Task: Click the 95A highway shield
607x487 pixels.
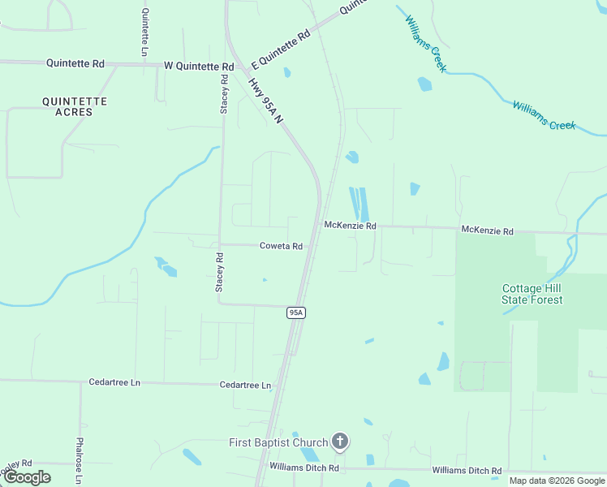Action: click(x=296, y=312)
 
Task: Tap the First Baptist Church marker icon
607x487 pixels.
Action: click(x=340, y=442)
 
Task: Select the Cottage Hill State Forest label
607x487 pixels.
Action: click(x=532, y=294)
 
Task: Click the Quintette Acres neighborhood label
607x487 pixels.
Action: click(x=75, y=106)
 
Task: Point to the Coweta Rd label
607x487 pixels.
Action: click(x=281, y=246)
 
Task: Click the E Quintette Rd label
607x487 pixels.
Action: click(x=282, y=50)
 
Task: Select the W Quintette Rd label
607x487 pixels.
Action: click(x=199, y=66)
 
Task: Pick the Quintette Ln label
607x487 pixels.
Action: click(x=145, y=32)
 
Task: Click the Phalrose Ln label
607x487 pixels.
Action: click(x=79, y=460)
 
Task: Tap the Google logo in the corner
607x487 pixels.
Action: click(x=26, y=477)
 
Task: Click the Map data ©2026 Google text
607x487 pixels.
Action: click(x=557, y=481)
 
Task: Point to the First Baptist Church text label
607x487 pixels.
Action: click(x=278, y=442)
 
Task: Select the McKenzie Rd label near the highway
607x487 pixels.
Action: click(x=350, y=226)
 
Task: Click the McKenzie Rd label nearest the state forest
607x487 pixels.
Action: click(x=487, y=231)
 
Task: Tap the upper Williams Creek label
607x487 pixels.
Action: click(x=424, y=43)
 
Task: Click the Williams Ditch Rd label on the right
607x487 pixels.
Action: click(x=467, y=471)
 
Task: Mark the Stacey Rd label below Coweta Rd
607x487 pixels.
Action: click(x=219, y=272)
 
